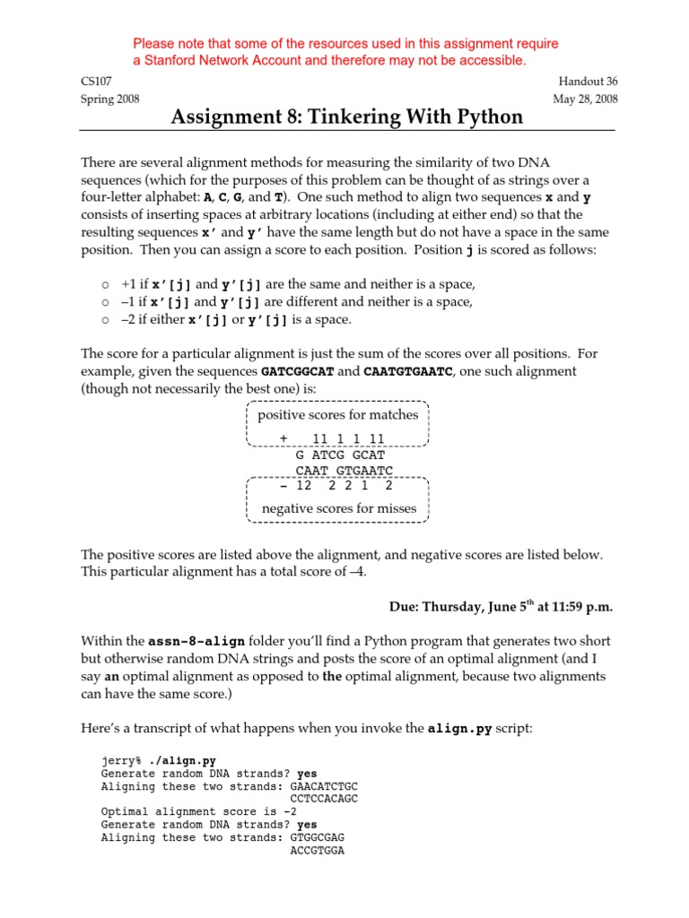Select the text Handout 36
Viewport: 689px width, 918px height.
pos(588,82)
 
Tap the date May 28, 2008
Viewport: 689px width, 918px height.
pos(585,100)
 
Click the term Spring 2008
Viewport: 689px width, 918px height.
pos(109,100)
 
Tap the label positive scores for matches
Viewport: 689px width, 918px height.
pos(338,415)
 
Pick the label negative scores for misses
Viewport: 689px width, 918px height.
pos(338,508)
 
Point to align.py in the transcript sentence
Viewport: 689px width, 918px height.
pos(459,729)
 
